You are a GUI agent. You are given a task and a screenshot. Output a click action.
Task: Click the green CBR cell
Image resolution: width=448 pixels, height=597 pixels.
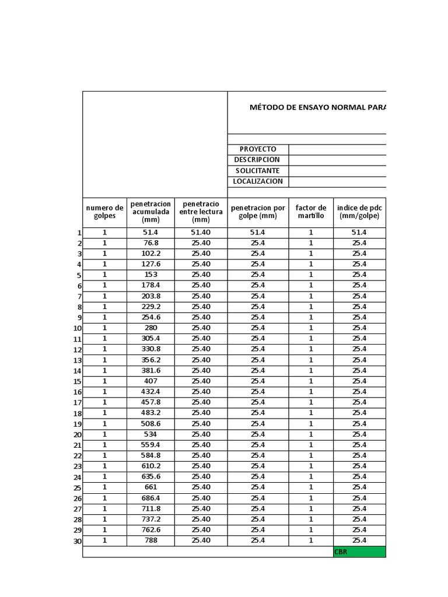coord(359,552)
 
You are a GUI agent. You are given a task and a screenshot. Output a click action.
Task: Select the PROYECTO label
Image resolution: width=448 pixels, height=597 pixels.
coord(258,149)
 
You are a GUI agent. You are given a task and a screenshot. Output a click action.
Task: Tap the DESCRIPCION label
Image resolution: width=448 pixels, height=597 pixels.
coord(257,160)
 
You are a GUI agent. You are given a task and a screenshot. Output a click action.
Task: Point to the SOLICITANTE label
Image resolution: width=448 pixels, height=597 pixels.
coord(257,171)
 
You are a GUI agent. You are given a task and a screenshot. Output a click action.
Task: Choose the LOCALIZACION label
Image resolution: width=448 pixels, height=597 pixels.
coord(258,181)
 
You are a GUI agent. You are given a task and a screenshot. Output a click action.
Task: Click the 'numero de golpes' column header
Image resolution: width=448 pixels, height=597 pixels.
coord(105,212)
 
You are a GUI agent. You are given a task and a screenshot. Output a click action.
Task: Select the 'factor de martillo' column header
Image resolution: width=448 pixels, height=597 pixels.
coord(311,212)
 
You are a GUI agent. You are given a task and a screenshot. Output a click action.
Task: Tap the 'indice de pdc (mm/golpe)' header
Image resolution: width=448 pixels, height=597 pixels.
coord(359,212)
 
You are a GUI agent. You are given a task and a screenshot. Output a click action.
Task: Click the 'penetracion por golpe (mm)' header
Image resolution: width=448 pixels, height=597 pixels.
coord(258,212)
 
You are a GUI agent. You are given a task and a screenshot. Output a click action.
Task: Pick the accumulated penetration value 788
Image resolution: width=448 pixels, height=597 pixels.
coord(150,540)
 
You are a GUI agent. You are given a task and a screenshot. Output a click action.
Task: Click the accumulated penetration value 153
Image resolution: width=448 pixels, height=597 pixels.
coord(150,275)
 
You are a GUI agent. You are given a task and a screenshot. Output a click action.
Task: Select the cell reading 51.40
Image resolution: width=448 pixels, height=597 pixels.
coord(201,232)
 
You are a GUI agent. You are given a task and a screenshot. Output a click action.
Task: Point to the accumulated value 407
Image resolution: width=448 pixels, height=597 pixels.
coord(150,381)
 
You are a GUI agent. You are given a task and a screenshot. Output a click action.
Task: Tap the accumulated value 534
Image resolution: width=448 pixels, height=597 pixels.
coord(150,434)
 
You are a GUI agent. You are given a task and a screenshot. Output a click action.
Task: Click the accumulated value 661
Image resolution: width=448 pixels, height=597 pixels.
coord(150,487)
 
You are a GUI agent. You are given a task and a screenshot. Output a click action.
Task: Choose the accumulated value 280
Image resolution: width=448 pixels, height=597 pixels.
coord(150,328)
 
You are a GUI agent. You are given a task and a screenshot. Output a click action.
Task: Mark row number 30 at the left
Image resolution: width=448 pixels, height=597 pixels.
coord(78,541)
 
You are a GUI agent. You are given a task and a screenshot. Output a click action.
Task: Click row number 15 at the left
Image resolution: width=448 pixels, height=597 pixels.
coord(78,382)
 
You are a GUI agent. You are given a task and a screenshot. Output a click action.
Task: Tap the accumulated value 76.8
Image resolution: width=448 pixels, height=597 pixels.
coord(150,243)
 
